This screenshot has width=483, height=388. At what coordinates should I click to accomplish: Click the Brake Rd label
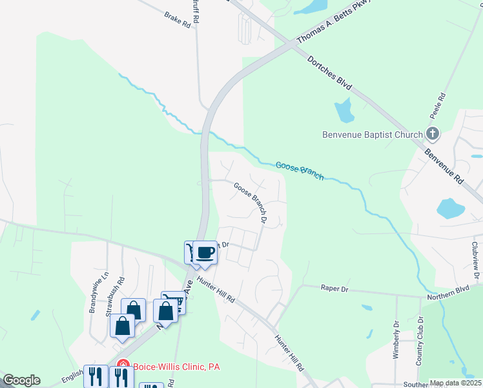click(x=178, y=19)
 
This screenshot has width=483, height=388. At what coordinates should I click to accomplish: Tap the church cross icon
click(x=433, y=135)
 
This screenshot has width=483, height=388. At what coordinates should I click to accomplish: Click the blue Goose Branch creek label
click(x=300, y=170)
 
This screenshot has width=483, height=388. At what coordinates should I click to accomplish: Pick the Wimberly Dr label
click(x=396, y=340)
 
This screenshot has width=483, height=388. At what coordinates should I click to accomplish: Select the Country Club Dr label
click(x=420, y=341)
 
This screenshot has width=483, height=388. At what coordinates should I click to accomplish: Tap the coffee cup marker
click(x=205, y=252)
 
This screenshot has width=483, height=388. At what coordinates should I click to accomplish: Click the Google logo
click(x=21, y=380)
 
